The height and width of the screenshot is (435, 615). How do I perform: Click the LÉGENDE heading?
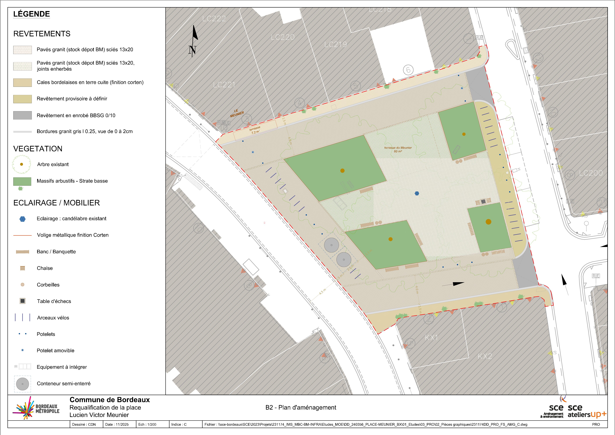[32, 14]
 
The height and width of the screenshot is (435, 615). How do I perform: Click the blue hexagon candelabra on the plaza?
[417, 193]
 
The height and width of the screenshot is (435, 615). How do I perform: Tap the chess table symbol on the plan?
[483, 201]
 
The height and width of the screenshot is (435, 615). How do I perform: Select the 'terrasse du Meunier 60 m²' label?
[398, 149]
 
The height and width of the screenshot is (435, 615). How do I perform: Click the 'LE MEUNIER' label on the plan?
[237, 113]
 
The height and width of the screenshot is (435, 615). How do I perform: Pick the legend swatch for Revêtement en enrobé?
[23, 115]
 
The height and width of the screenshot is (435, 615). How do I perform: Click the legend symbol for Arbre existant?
[21, 164]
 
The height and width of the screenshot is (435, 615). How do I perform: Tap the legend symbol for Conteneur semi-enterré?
[23, 384]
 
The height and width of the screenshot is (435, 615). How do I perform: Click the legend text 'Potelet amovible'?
[55, 351]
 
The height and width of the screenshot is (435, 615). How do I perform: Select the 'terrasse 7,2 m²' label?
[255, 130]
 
